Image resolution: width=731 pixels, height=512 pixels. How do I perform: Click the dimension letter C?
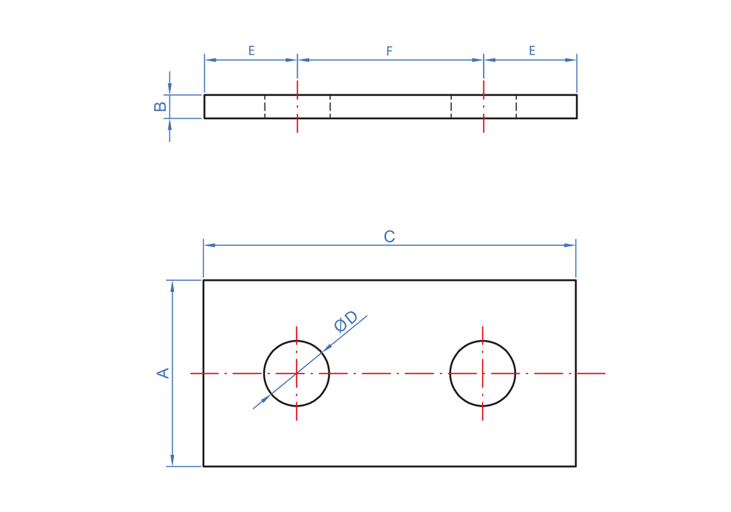pyautogui.click(x=390, y=236)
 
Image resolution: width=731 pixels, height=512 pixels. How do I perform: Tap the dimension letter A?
pyautogui.click(x=163, y=373)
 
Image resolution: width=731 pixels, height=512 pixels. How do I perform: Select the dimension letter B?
pyautogui.click(x=160, y=107)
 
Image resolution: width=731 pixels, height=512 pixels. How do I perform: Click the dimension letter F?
pyautogui.click(x=390, y=50)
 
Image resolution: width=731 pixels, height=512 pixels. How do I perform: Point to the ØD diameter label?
pyautogui.click(x=346, y=321)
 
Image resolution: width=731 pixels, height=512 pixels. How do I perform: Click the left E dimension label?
pyautogui.click(x=251, y=50)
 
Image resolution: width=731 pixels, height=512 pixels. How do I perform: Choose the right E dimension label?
pyautogui.click(x=532, y=50)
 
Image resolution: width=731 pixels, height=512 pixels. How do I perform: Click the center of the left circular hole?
pyautogui.click(x=297, y=373)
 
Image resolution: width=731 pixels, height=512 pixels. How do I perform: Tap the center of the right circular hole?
pyautogui.click(x=482, y=373)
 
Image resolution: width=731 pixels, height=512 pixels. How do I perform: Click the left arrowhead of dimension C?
pyautogui.click(x=209, y=245)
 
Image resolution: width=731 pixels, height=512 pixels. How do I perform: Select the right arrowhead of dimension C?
pyautogui.click(x=569, y=245)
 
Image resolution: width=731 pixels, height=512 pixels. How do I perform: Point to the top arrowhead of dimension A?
pyautogui.click(x=173, y=286)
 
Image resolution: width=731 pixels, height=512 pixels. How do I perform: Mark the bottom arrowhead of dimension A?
pyautogui.click(x=173, y=460)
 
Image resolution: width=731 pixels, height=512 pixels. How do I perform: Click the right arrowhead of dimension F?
pyautogui.click(x=477, y=60)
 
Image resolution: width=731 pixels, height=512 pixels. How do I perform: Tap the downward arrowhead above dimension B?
pyautogui.click(x=170, y=89)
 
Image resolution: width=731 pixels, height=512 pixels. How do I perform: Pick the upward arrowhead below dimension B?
pyautogui.click(x=170, y=124)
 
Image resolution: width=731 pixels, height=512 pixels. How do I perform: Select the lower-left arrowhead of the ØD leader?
pyautogui.click(x=266, y=399)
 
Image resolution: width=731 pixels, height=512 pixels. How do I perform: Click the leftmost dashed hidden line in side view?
pyautogui.click(x=265, y=107)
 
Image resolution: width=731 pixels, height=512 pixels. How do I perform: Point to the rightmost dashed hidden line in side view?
pyautogui.click(x=516, y=107)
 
